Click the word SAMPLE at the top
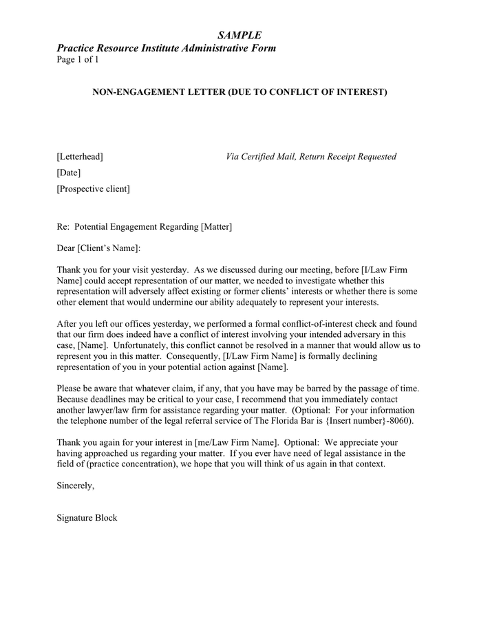[239, 35]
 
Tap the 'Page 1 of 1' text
[78, 60]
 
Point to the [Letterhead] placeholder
[80, 157]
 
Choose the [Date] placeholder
[69, 173]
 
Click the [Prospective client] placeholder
[93, 188]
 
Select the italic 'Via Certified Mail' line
[311, 157]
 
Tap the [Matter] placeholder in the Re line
[216, 227]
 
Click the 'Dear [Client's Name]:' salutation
[98, 248]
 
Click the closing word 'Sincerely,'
[75, 486]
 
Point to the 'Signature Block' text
[87, 518]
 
